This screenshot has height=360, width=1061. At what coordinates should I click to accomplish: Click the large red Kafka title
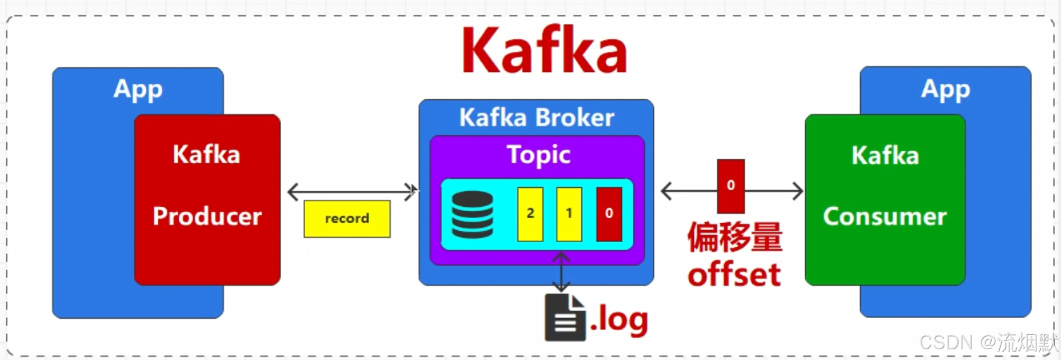point(544,50)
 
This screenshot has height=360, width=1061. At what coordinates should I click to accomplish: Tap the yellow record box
point(347,219)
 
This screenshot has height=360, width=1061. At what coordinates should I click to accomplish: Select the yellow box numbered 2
point(530,213)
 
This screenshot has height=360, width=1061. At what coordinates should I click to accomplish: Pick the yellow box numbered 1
point(569,213)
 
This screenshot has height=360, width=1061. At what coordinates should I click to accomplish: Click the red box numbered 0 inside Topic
point(609,213)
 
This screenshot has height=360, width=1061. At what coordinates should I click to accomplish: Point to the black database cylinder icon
point(472,215)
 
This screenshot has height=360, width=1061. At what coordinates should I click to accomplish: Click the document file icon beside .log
point(565,318)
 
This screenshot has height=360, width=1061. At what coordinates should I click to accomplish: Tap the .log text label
point(619,319)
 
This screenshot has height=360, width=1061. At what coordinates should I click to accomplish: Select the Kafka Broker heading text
point(536,118)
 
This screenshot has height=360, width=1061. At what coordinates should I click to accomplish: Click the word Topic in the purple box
point(538,154)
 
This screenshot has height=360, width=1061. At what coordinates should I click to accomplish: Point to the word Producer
point(207,216)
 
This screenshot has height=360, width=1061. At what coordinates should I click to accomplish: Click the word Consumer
point(885,216)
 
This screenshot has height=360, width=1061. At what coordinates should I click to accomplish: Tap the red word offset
point(734,274)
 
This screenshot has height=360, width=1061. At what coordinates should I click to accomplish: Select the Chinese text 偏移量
point(734,237)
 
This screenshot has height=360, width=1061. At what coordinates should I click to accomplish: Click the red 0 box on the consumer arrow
point(731,186)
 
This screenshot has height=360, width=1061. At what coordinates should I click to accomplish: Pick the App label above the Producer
point(138,90)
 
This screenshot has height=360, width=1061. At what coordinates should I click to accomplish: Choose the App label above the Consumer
point(945,90)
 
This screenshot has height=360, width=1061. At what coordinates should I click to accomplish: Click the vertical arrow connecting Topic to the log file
point(561,273)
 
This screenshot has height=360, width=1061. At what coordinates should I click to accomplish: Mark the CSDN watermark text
point(988,343)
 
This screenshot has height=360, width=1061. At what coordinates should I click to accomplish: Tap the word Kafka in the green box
point(885,155)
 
